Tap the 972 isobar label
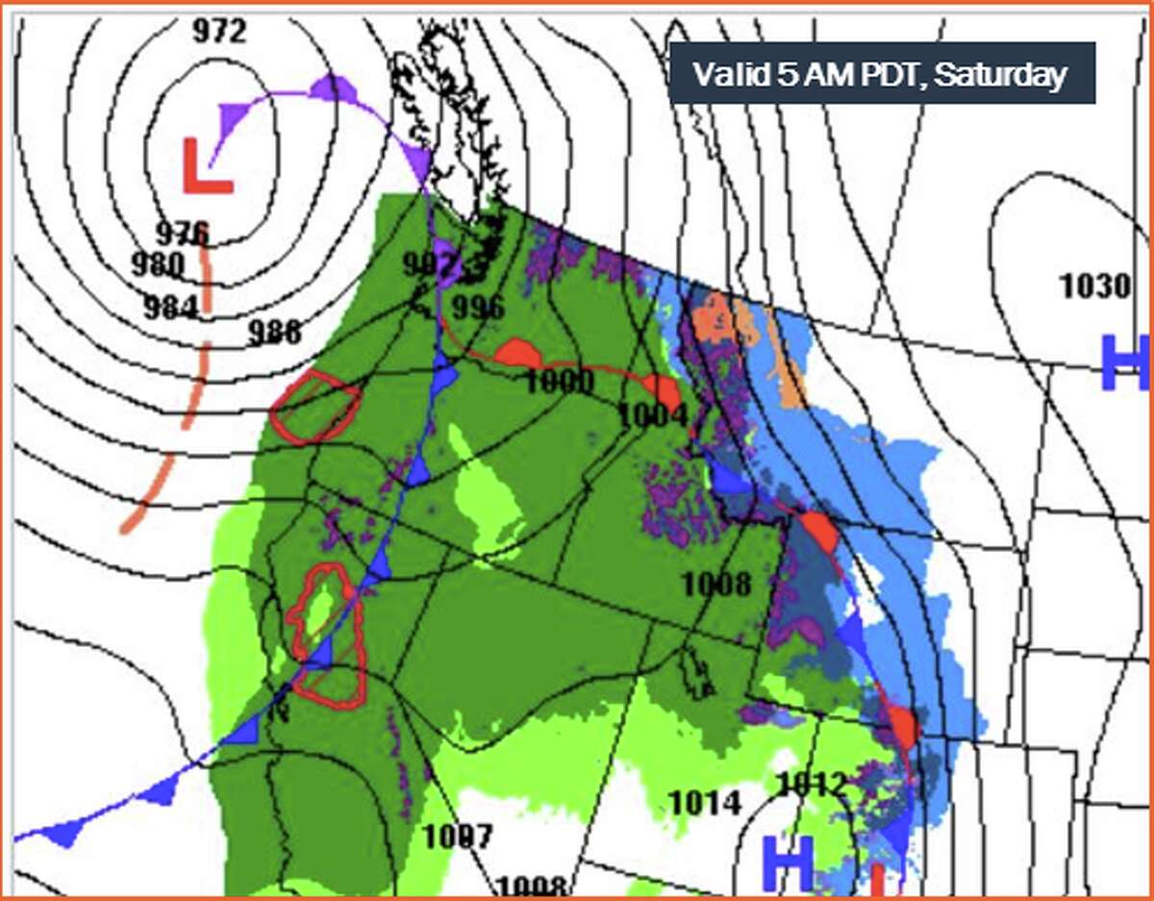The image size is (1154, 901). click(x=218, y=31)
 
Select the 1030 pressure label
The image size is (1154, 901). click(x=1093, y=286)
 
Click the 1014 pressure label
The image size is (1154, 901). click(x=705, y=802)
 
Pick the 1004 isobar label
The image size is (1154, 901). click(x=653, y=416)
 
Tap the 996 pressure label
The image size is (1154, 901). click(x=478, y=308)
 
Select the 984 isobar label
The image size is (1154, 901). click(x=170, y=307)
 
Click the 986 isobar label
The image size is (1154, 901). click(x=274, y=332)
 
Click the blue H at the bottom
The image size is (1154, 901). click(x=789, y=862)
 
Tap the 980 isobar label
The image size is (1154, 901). click(x=159, y=263)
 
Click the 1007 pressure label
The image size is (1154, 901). click(x=458, y=837)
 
